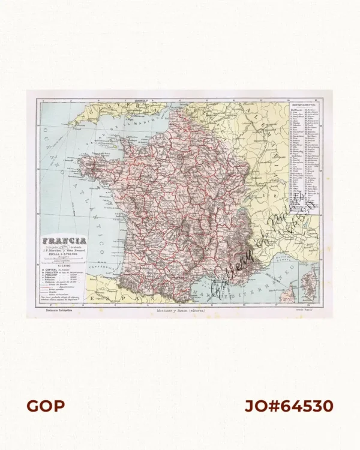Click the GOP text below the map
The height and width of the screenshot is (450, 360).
click(45, 406)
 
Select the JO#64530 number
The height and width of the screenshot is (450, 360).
click(289, 406)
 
